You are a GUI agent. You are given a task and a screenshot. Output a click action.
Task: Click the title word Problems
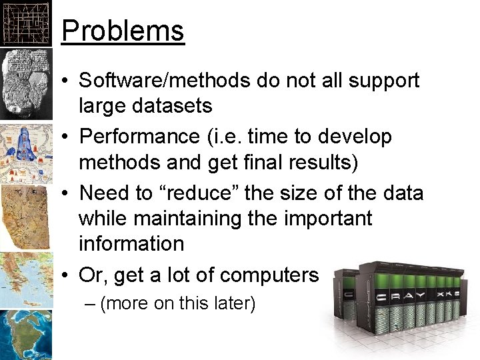coord(122,31)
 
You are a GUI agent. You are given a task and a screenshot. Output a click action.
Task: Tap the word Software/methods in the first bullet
coord(165,81)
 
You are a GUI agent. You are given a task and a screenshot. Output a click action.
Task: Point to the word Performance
coord(139,137)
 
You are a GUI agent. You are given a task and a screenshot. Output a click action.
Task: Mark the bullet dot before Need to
coord(68,193)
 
